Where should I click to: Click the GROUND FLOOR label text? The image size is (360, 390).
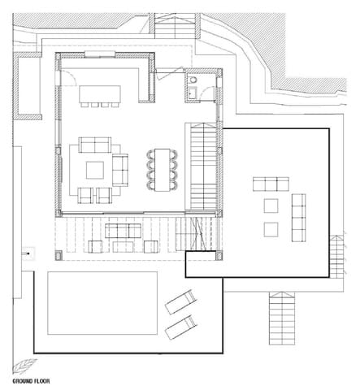[x=31, y=381]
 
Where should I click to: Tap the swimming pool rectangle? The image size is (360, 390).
[x=102, y=303]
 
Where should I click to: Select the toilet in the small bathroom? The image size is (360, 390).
[x=193, y=80]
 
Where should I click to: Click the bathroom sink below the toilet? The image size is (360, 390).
[x=193, y=93]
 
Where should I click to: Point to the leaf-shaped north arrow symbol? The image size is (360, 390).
[x=24, y=366]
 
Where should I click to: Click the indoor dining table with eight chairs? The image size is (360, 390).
[x=163, y=170]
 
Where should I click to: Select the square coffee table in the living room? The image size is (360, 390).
[x=95, y=171]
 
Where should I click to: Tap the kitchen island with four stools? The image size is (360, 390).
[x=100, y=96]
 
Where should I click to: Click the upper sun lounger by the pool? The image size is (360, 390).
[x=180, y=302]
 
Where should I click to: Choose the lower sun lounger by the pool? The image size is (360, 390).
[x=180, y=327]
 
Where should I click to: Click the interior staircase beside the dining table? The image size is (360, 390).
[x=204, y=167]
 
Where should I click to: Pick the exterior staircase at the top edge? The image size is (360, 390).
[x=175, y=26]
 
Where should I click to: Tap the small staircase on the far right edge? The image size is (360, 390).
[x=336, y=257]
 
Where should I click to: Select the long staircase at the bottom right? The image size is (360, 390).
[x=282, y=318]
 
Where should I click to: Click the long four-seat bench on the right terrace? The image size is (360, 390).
[x=298, y=218]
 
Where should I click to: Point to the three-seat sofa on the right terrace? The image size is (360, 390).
[x=271, y=184]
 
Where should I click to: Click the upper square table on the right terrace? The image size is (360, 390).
[x=271, y=206]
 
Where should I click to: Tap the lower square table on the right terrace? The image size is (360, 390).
[x=271, y=230]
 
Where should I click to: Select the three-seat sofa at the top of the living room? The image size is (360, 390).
[x=95, y=145]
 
